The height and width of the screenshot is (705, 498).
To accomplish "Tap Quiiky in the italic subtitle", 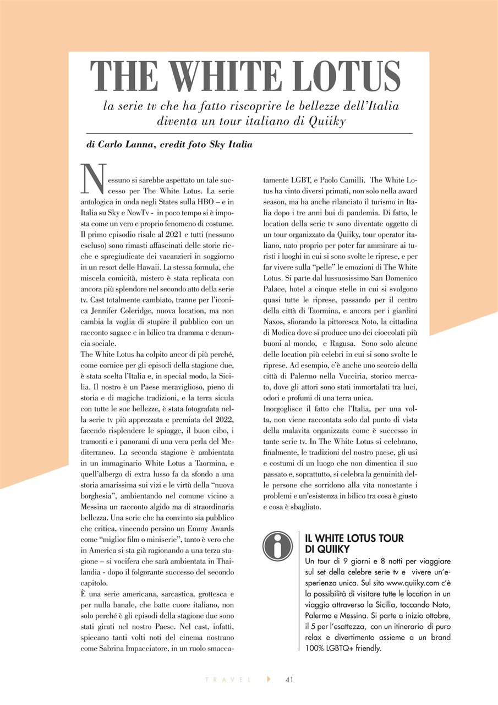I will (324, 121).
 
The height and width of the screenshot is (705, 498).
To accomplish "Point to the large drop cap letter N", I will (92, 178).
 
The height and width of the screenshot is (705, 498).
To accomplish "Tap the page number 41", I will (289, 679).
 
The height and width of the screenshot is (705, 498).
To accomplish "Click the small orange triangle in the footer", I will (269, 679).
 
